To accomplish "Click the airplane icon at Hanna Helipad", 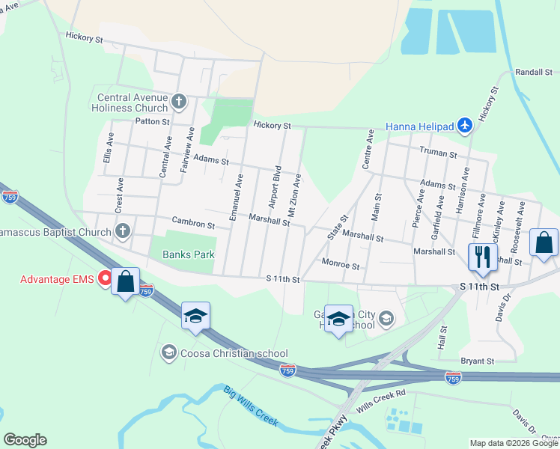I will [464, 126].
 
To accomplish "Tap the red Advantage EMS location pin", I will [106, 279].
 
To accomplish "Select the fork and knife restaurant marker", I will [483, 257].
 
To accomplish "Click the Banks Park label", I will [189, 254].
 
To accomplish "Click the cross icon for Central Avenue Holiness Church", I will [178, 100].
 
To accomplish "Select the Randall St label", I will [533, 72].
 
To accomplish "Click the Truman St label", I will [438, 153].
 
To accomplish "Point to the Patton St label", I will [152, 121].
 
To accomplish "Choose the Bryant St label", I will [478, 361].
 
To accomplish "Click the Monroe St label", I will [341, 265].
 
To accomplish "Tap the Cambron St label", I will [193, 223].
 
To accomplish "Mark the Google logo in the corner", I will [25, 440].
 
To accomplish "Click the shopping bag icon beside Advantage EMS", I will [126, 281].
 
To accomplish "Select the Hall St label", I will [442, 338].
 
